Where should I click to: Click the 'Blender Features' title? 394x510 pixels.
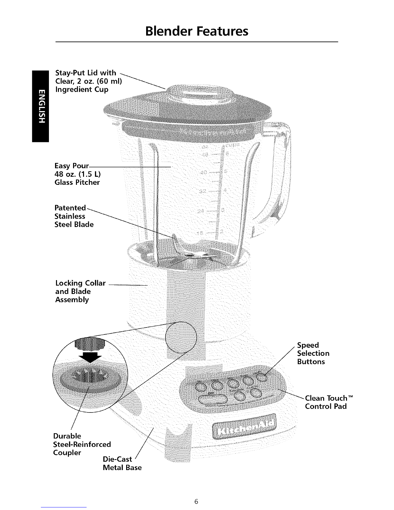pos(197,31)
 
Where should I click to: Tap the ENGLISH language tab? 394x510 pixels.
pos(40,106)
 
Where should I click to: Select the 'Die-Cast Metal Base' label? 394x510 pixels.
pos(122,463)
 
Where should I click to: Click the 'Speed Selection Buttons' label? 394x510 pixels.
pos(313,353)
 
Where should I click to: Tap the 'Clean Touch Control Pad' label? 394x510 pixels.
pos(326,402)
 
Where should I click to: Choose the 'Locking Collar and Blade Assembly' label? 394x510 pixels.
pos(80,291)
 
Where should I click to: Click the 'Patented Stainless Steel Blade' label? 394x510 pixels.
pos(74,216)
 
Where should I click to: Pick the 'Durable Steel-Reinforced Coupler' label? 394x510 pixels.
pos(82,444)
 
